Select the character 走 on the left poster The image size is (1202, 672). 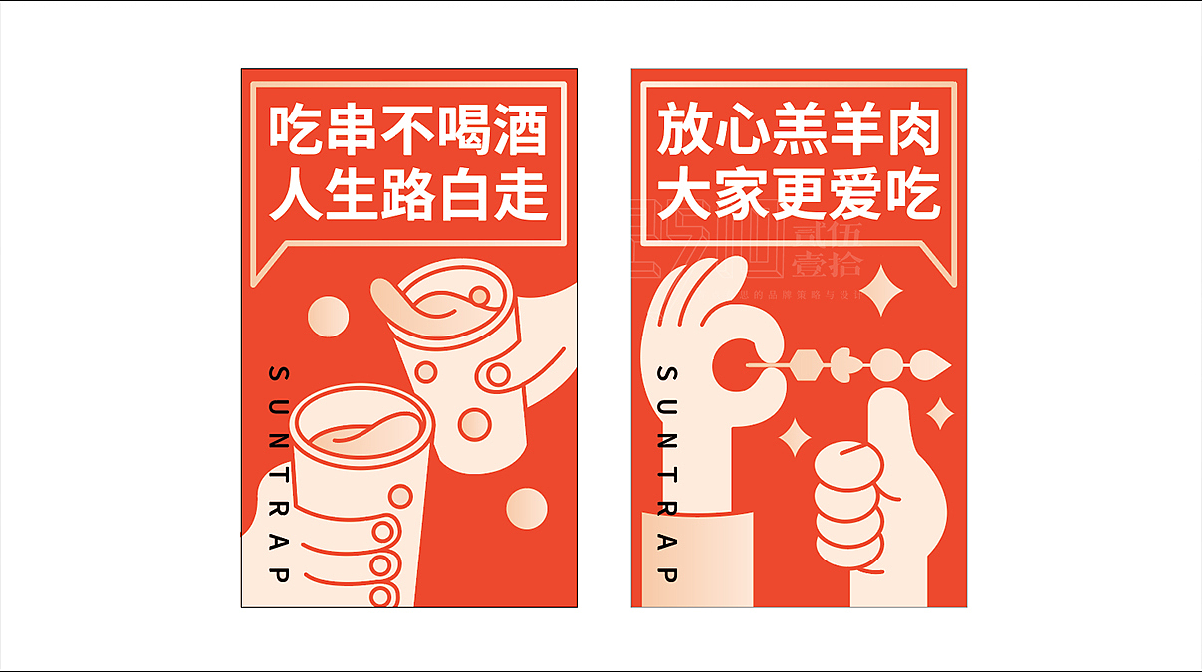(521, 195)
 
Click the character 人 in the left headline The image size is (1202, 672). (296, 195)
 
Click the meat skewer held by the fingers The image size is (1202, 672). (856, 365)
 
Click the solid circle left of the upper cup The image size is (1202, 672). (327, 318)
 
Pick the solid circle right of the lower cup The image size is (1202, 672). (526, 509)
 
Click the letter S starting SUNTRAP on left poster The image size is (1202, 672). (279, 373)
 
